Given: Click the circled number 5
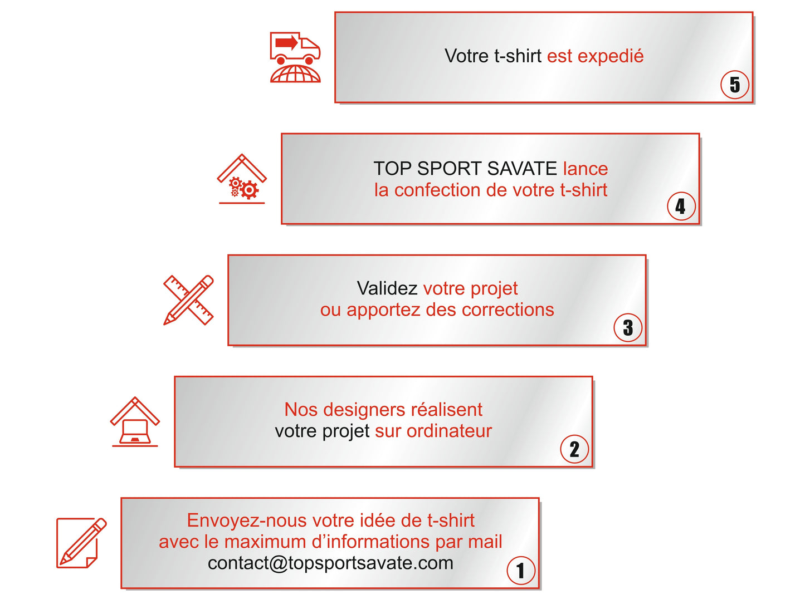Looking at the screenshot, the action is click(x=734, y=85).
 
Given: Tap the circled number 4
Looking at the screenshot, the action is click(x=681, y=207).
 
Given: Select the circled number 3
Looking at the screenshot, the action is click(x=627, y=327).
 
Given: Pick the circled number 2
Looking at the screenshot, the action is click(x=574, y=449).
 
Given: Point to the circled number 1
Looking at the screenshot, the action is click(x=521, y=571).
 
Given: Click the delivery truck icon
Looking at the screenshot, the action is click(x=295, y=48).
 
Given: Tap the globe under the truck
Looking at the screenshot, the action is click(x=295, y=73).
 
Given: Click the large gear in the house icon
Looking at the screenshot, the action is click(x=250, y=190).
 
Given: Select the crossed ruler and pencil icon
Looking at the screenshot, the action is click(x=188, y=300).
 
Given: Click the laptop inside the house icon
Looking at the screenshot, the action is click(x=135, y=431).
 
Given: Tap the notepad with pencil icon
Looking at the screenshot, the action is click(x=81, y=543).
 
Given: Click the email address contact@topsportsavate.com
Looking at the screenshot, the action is click(x=330, y=563).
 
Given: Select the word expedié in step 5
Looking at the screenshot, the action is click(x=610, y=56).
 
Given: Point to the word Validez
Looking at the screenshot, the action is click(x=387, y=288).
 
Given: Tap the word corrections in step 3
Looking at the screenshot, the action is click(x=508, y=310).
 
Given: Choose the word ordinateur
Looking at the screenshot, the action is click(x=449, y=431).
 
